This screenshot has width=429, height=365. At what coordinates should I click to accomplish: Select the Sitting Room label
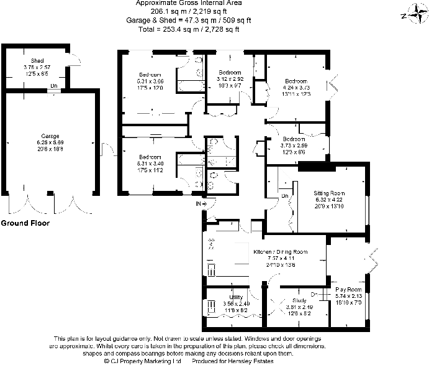329,193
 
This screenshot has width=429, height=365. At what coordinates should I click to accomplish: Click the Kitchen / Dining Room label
281,252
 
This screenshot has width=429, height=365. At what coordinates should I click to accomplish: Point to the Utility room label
236,297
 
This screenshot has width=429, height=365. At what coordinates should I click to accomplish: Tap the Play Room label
348,290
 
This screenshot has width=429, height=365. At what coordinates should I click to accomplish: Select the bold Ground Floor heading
25,222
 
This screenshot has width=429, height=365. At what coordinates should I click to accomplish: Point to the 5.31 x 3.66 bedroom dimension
150,81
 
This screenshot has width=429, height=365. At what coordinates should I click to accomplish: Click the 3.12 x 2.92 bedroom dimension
230,79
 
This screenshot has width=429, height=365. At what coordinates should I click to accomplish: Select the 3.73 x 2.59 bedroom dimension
294,146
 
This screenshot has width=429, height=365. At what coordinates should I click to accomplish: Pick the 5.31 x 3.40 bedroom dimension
150,163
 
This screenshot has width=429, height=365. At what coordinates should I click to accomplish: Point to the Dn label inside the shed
54,85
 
